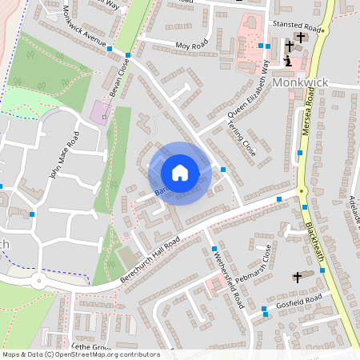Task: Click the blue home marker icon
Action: pyautogui.click(x=180, y=173)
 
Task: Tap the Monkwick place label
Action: pyautogui.click(x=300, y=82)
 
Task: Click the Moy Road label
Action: pyautogui.click(x=191, y=46)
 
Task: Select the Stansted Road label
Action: pyautogui.click(x=295, y=26)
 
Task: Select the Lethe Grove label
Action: pyautogui.click(x=90, y=346)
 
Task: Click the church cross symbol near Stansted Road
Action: pyautogui.click(x=301, y=38)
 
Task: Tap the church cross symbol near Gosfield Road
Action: pyautogui.click(x=298, y=277)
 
